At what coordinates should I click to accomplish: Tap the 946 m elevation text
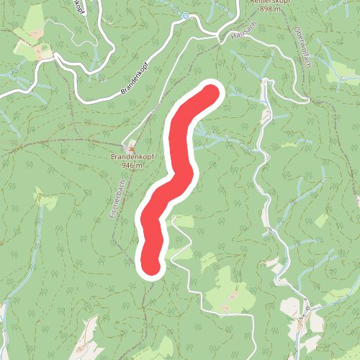point(132,165)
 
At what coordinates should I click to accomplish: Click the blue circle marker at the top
point(185,15)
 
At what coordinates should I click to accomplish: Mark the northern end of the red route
point(211,93)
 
